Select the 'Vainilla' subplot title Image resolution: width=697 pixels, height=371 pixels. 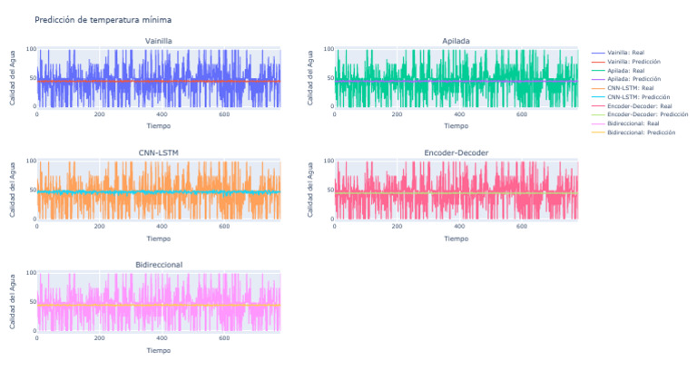[158, 41]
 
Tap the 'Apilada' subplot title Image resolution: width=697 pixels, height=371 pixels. [456, 41]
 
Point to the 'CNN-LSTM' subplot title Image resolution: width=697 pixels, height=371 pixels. [158, 152]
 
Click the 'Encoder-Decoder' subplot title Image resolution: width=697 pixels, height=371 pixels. [456, 152]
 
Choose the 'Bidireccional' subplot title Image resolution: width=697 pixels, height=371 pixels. [158, 264]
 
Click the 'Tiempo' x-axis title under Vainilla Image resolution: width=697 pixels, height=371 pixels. [158, 127]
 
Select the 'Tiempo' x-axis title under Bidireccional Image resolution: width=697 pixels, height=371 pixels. [158, 350]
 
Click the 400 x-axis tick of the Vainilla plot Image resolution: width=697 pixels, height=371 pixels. [162, 114]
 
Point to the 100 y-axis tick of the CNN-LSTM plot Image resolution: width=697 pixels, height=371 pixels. [29, 161]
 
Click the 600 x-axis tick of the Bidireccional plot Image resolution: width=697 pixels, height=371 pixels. [223, 337]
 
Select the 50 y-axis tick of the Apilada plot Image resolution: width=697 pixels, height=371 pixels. [329, 78]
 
